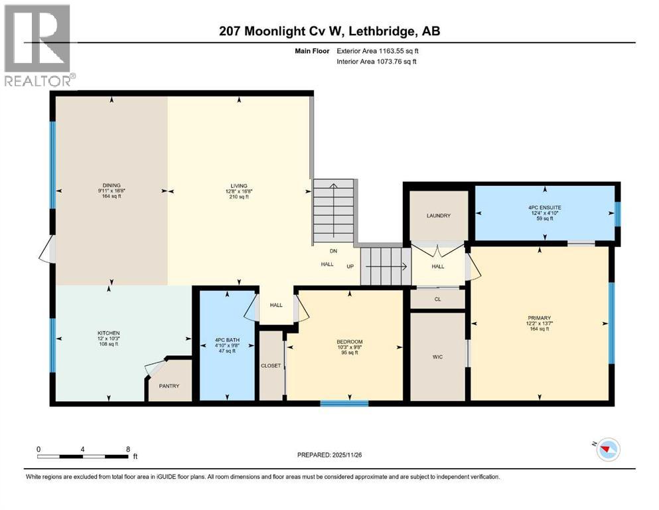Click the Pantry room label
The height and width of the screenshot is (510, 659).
169,386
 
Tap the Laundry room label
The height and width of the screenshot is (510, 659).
439,216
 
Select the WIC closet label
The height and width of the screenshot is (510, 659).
437,357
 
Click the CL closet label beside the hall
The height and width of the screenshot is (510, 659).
437,299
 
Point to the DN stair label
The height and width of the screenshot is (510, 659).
334,251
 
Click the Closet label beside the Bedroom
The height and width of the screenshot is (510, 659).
271,366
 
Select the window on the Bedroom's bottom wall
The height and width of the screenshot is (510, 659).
344,402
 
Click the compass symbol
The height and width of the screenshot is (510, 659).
605,450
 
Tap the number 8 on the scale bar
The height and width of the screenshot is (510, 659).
127,449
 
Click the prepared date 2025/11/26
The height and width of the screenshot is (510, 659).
356,455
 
